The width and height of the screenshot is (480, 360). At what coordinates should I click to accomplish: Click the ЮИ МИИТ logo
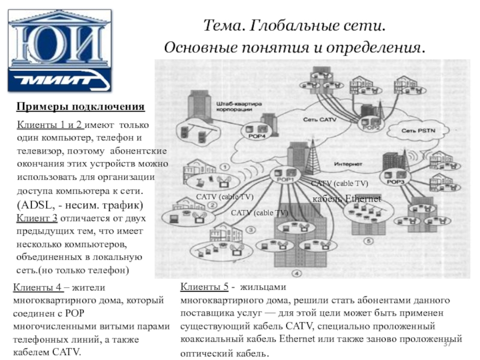coord(50,50)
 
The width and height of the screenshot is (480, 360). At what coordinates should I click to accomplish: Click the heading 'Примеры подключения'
coord(80,107)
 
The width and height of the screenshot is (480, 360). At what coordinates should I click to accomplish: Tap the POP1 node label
coord(284,179)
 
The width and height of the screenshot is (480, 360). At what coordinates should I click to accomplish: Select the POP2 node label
coord(371,127)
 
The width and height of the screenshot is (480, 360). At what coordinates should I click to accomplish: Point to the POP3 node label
coord(396,182)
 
